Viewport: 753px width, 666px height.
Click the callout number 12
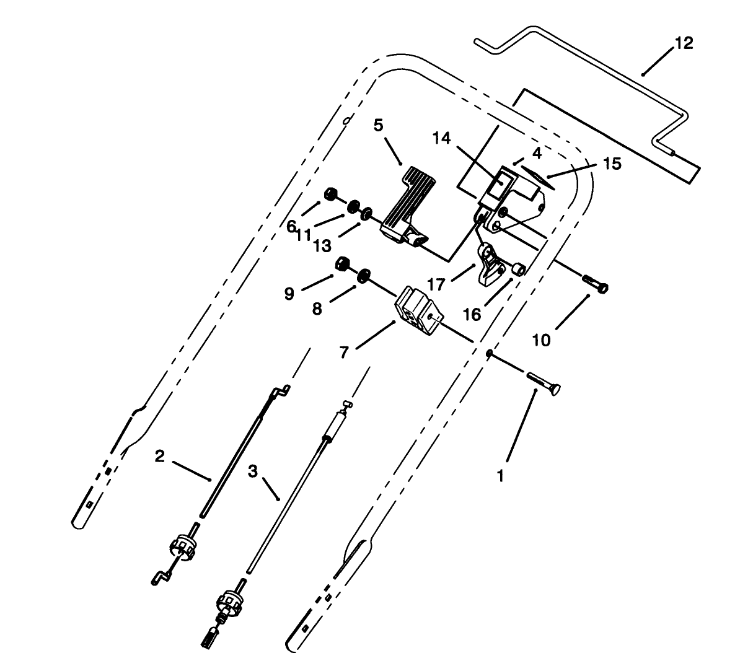click(684, 43)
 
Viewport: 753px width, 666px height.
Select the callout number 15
click(612, 164)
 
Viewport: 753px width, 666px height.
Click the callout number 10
click(542, 340)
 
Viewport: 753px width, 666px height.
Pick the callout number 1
click(501, 476)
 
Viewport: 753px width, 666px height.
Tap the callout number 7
click(344, 353)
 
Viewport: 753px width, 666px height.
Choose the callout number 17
click(436, 284)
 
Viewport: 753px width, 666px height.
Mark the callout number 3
click(252, 471)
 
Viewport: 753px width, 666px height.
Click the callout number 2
click(160, 457)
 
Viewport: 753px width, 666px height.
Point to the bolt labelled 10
click(596, 287)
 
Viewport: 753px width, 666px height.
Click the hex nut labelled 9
click(341, 265)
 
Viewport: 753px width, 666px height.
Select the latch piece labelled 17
click(490, 263)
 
